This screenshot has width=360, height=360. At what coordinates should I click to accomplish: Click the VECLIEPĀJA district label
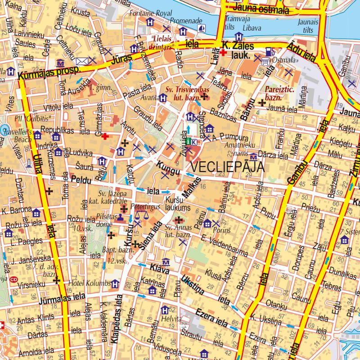point(227,167)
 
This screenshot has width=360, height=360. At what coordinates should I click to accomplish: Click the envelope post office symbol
point(82,61)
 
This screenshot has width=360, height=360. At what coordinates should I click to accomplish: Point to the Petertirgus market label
point(145,207)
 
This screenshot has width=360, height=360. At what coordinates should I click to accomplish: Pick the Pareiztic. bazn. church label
point(279,92)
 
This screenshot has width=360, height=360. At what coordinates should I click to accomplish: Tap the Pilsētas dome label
point(104,220)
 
